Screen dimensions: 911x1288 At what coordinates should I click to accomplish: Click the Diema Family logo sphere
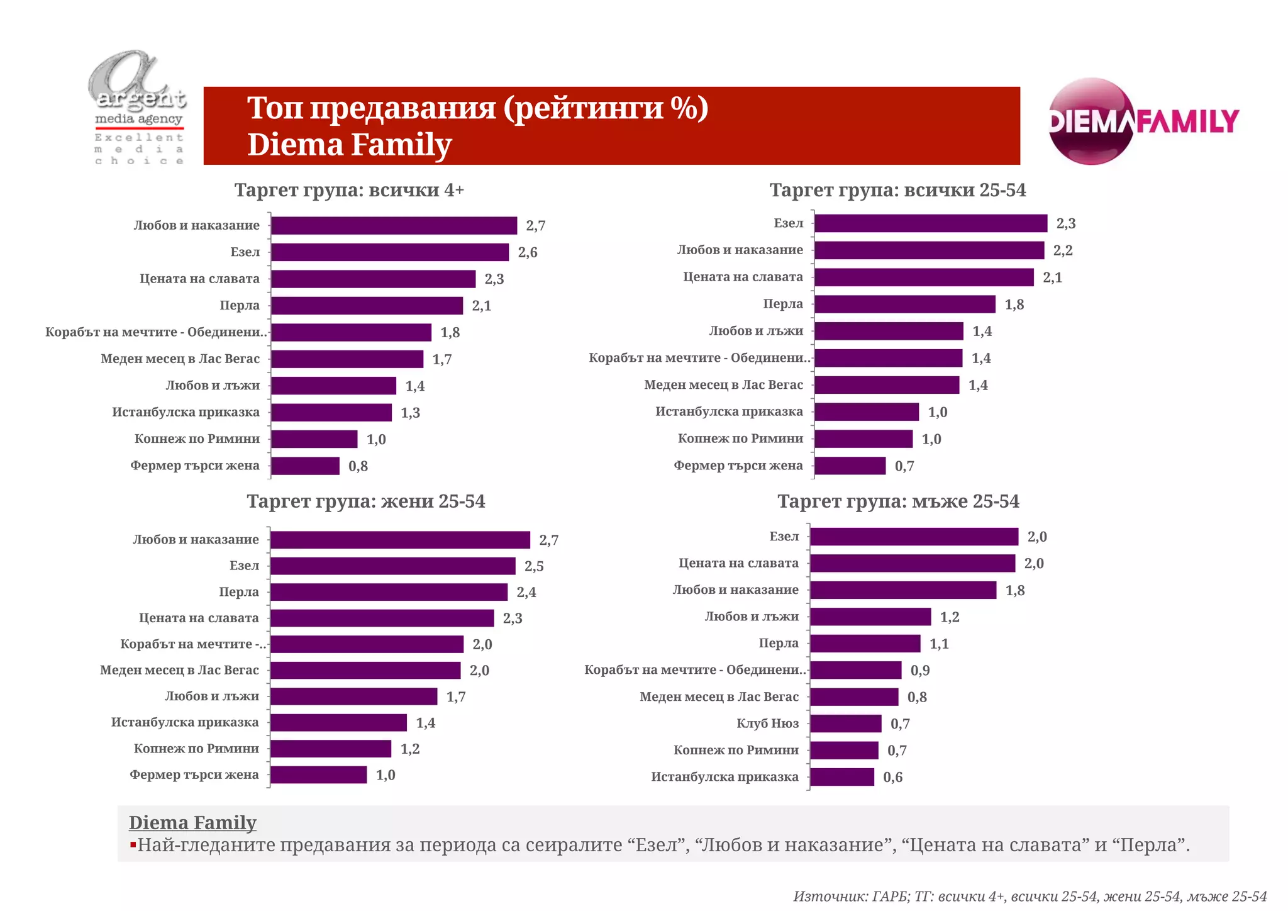pos(1092,121)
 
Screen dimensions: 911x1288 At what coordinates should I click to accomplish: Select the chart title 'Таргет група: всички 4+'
pos(349,190)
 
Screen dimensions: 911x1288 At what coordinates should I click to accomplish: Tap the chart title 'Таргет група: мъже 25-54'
pos(898,501)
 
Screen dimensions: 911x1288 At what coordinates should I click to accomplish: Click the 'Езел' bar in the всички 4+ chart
pos(390,252)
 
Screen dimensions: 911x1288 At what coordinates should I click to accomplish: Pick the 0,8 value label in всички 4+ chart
pos(358,466)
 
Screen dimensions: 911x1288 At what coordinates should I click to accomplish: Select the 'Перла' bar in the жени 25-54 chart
pos(389,592)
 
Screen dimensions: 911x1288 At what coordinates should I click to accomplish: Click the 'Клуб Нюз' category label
pos(767,724)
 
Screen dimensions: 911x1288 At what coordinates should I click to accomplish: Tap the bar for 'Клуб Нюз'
pos(846,724)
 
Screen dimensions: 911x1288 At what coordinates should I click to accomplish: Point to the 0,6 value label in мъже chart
pos(892,778)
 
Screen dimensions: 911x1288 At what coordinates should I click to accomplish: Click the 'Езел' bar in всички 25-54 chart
pos(931,223)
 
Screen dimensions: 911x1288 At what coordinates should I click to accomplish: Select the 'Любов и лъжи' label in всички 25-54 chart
pos(756,331)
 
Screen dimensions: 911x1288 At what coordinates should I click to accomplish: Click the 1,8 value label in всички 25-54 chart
pos(1014,305)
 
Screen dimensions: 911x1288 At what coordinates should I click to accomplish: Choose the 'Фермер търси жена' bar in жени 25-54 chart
pos(318,775)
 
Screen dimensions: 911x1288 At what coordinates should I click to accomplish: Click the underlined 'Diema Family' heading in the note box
pos(192,823)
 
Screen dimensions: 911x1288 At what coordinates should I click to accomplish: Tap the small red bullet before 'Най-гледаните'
pos(133,845)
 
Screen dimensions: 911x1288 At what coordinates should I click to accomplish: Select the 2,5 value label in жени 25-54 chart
pos(534,566)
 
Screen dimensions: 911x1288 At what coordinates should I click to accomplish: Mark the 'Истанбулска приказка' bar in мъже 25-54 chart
pos(842,778)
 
